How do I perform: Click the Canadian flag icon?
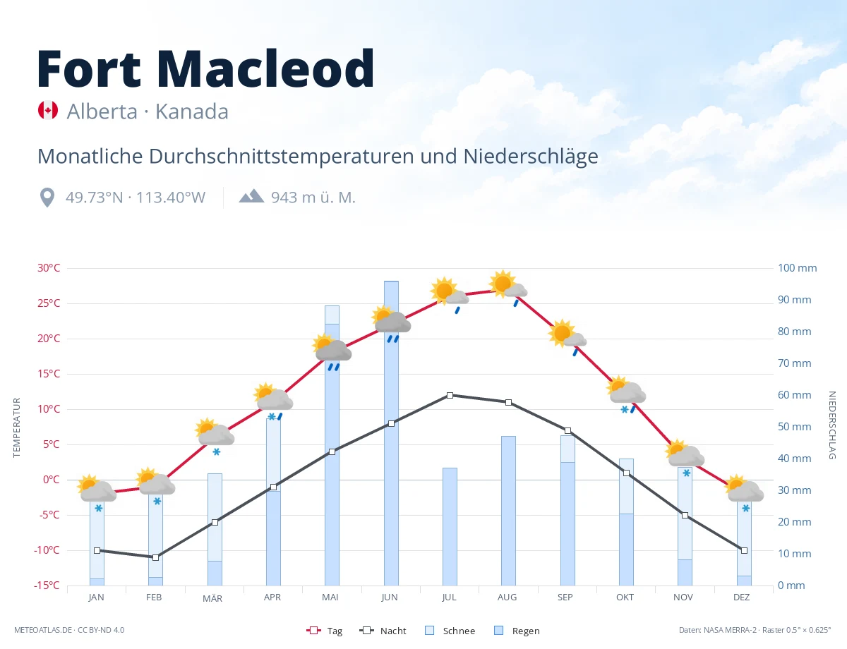[x=48, y=110]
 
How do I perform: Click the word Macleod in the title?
[x=265, y=68]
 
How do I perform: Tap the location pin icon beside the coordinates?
[x=47, y=198]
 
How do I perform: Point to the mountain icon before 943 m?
[x=251, y=196]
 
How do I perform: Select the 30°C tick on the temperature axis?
[x=49, y=268]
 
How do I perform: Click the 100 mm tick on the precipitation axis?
[x=797, y=268]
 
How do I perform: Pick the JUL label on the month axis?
[x=449, y=598]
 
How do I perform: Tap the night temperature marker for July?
[x=450, y=396]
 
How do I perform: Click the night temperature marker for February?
[x=155, y=557]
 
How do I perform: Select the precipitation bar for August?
[x=508, y=511]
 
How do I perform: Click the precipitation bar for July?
[x=450, y=527]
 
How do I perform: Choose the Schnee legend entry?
[x=450, y=631]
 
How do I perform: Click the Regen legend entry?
[x=517, y=631]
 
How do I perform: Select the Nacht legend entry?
[x=383, y=631]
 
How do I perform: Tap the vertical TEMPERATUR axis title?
[x=16, y=427]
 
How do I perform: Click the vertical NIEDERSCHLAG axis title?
[x=832, y=425]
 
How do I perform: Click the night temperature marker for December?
[x=744, y=550]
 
